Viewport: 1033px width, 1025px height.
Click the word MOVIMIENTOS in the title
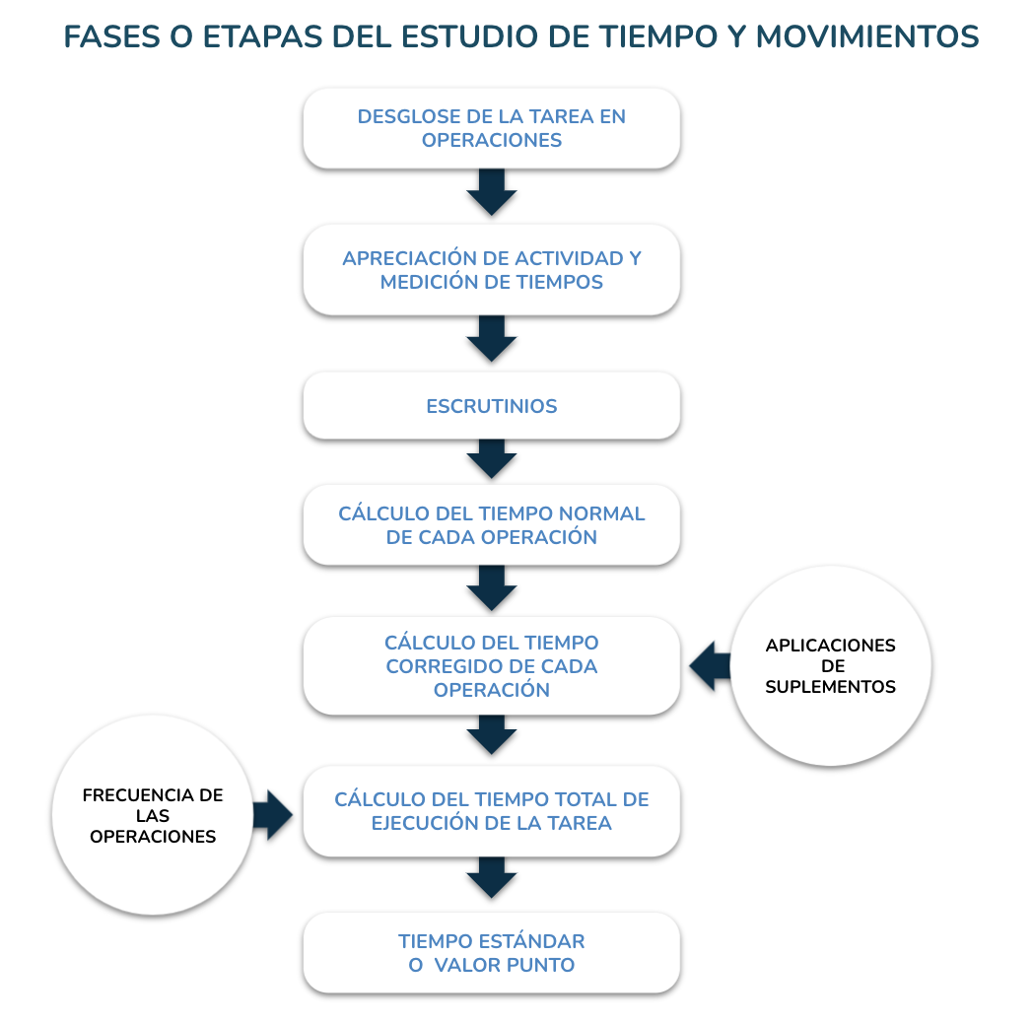pos(867,36)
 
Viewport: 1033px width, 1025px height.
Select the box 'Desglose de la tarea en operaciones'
pos(492,128)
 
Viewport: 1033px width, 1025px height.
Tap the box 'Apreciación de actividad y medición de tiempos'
pos(492,269)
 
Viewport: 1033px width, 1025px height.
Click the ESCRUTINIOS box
pos(492,406)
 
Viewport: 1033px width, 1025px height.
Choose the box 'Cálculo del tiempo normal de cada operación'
pos(492,525)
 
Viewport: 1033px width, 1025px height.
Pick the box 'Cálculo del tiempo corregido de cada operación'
pos(492,666)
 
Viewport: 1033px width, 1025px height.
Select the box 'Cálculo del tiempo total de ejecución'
pos(492,811)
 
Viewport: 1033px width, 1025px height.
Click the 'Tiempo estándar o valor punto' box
pos(492,952)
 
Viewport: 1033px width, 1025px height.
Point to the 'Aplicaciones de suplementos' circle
pos(831,666)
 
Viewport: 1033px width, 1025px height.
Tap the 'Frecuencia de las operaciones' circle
pos(153,815)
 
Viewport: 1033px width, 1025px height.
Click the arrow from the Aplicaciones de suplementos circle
pos(710,666)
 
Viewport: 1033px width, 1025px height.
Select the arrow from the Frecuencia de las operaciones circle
pos(273,815)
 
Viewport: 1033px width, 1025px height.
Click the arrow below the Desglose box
pos(492,191)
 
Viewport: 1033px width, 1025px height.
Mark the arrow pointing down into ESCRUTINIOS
pos(492,339)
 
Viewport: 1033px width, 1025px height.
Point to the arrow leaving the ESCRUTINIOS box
pos(492,458)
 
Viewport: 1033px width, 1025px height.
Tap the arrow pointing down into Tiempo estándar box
pos(492,877)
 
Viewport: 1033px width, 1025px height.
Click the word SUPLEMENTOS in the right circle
pos(830,686)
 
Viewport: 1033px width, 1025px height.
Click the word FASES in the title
pos(111,36)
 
